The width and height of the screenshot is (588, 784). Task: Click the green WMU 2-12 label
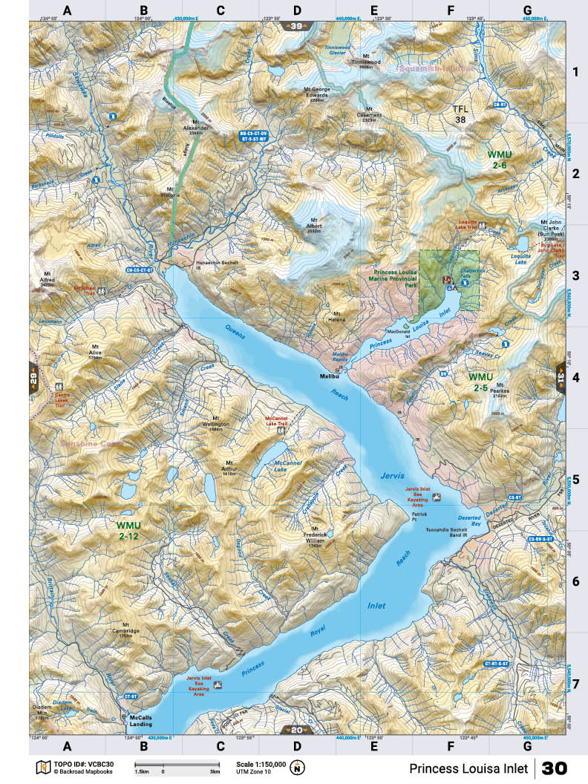(x=128, y=530)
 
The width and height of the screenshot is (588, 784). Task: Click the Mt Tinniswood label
(x=366, y=59)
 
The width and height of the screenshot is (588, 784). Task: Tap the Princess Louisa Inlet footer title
(x=468, y=768)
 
